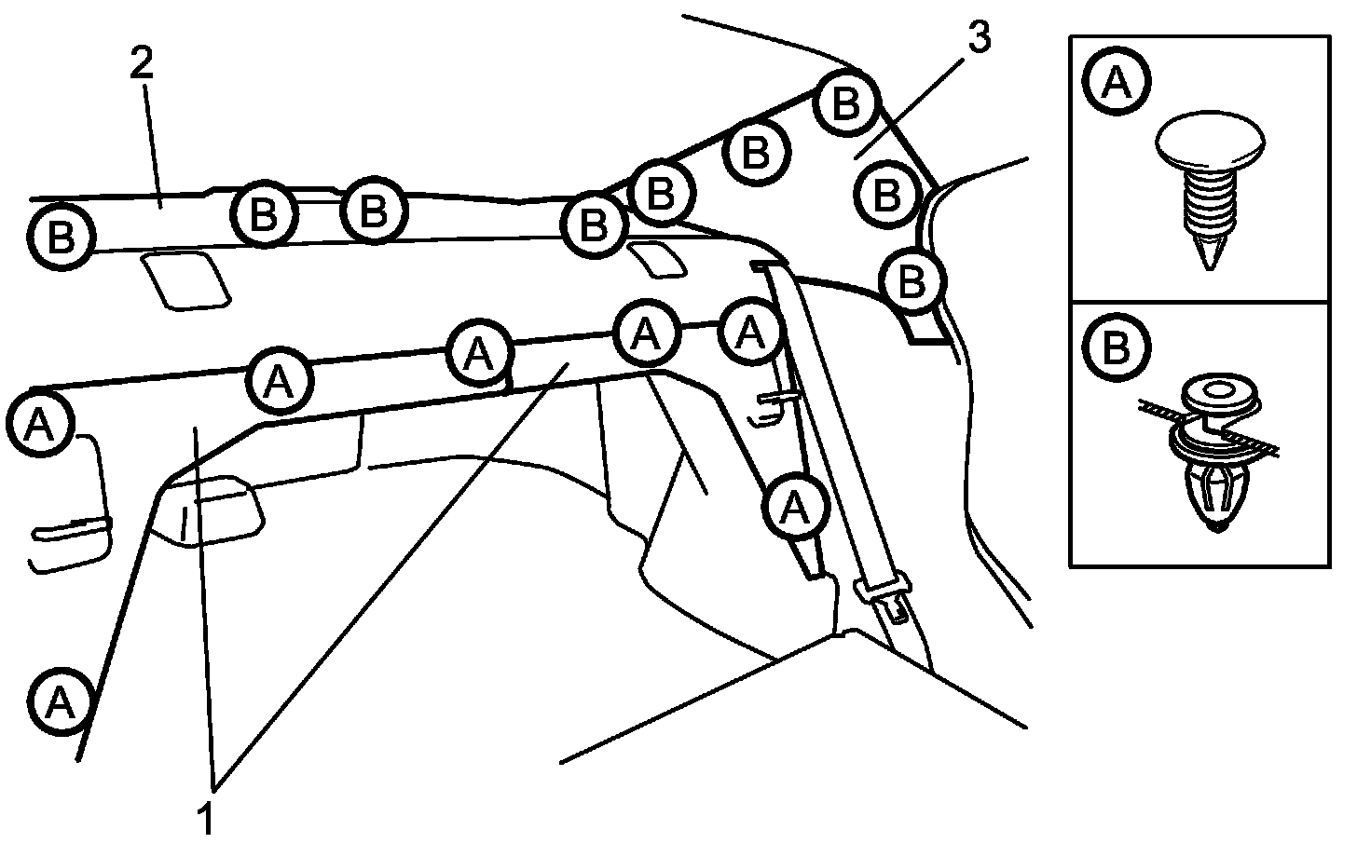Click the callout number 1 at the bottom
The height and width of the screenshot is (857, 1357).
pyautogui.click(x=206, y=820)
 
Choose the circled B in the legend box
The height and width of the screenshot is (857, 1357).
pyautogui.click(x=1117, y=348)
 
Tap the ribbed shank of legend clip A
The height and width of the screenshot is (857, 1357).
pyautogui.click(x=1210, y=205)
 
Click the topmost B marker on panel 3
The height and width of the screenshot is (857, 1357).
pyautogui.click(x=846, y=103)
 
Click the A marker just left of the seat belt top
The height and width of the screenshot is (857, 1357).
pyautogui.click(x=750, y=332)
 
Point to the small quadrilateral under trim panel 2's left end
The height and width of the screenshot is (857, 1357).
pyautogui.click(x=185, y=279)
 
